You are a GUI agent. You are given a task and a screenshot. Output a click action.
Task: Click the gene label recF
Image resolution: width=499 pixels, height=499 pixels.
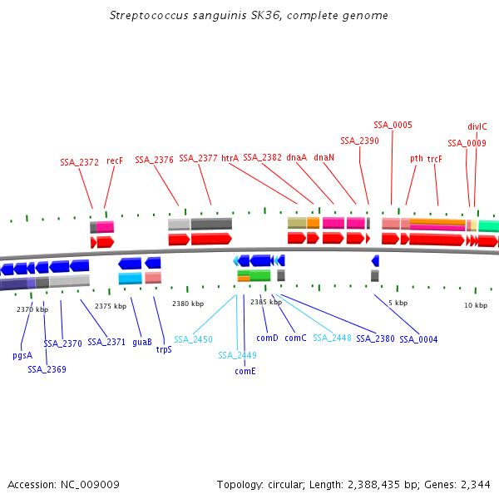click(115, 161)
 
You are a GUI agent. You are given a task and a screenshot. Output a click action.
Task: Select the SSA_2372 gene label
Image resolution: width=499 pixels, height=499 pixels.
click(79, 162)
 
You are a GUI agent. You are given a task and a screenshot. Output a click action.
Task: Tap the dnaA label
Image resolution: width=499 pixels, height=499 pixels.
click(296, 157)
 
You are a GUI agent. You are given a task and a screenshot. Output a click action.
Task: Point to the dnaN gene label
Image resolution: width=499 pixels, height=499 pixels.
click(324, 157)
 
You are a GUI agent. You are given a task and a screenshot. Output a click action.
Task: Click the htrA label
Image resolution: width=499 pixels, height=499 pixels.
click(230, 158)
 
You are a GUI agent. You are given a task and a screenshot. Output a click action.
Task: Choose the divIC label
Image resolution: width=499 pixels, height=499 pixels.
click(477, 126)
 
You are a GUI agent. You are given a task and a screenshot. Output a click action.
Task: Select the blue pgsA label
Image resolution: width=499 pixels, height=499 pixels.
click(22, 355)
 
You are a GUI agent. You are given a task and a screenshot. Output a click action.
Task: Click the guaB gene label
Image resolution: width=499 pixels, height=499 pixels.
click(142, 342)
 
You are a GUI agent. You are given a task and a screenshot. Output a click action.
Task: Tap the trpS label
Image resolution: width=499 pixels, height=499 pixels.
click(164, 349)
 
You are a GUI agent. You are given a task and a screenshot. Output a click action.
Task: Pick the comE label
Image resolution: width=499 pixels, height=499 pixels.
click(245, 371)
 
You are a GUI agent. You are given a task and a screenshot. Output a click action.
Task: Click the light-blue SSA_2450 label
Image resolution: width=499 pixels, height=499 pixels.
click(193, 339)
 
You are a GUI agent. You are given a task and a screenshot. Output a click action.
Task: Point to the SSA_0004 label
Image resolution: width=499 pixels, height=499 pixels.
click(418, 339)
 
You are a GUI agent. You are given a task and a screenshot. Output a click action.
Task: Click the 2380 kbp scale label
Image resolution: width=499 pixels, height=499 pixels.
click(188, 304)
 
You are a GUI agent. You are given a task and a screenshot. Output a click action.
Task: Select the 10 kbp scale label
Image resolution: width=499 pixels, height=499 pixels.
click(476, 305)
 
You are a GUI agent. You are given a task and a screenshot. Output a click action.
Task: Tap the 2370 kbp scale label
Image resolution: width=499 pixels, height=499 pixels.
click(32, 309)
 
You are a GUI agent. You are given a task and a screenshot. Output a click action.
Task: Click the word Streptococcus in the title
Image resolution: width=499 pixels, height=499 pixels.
click(146, 16)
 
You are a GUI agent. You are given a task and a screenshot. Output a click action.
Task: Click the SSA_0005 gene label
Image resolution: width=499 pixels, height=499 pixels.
click(393, 125)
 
